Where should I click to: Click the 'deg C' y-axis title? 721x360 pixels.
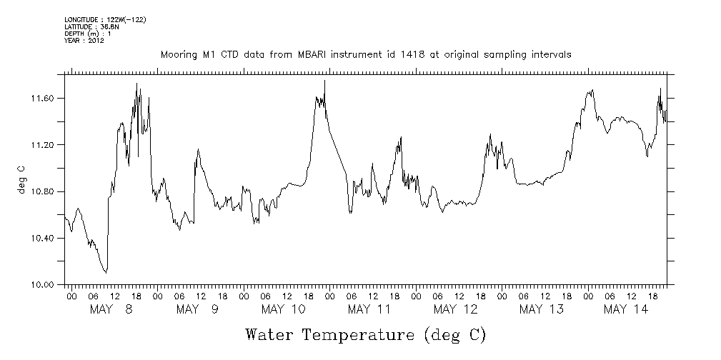(x=21, y=179)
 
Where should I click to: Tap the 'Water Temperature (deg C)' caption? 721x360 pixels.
(x=365, y=334)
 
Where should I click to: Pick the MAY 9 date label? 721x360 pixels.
(x=197, y=309)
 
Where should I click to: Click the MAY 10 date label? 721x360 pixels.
(x=284, y=309)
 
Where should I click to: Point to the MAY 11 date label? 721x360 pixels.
(x=369, y=309)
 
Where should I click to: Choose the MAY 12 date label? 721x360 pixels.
(x=456, y=309)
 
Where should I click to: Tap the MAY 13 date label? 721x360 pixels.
(x=542, y=309)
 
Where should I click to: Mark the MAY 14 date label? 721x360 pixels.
(x=626, y=309)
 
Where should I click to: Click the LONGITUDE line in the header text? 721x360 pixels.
(x=105, y=19)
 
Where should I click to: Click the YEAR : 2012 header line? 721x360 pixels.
(x=84, y=41)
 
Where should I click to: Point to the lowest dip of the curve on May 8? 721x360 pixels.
(x=106, y=272)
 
